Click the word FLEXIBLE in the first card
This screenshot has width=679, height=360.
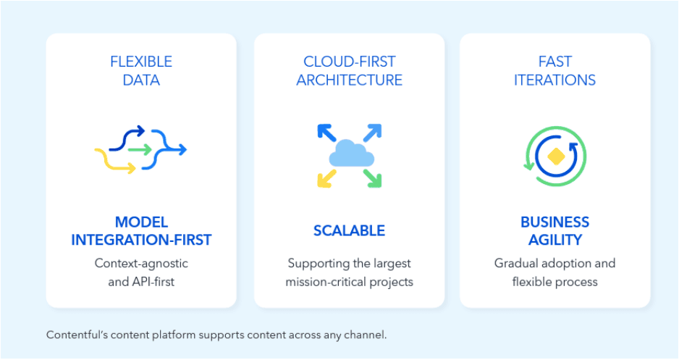point(141,62)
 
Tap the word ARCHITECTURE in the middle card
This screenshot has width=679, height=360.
point(349,80)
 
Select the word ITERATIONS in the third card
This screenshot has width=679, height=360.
point(554,80)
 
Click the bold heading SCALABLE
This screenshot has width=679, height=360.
point(349,231)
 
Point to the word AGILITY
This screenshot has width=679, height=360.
point(554,239)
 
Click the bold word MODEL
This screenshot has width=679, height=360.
point(141,222)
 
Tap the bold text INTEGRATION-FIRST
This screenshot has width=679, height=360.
point(141,239)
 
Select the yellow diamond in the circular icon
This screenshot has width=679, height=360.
point(555,156)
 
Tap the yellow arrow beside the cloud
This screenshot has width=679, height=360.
point(326,178)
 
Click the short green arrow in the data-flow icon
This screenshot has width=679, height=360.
point(141,150)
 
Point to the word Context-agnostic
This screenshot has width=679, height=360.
point(141,263)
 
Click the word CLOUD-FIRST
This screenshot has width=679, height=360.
point(349,62)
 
